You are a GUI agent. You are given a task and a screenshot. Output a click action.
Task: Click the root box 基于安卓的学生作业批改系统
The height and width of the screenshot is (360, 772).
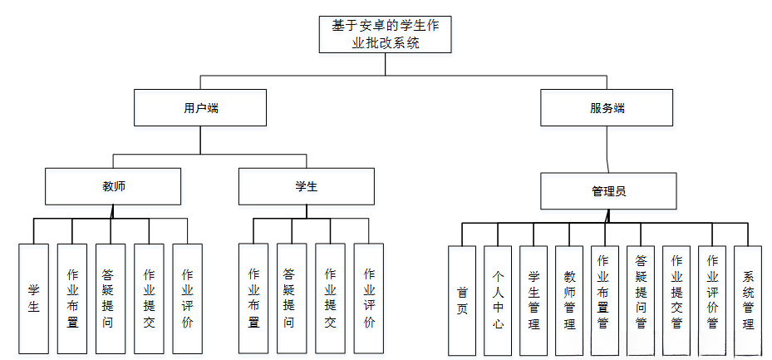tap(386, 34)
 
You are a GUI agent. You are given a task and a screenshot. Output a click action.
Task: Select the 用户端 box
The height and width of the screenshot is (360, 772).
tap(200, 108)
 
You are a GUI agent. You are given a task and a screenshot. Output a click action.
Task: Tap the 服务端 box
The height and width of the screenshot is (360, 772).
tap(607, 108)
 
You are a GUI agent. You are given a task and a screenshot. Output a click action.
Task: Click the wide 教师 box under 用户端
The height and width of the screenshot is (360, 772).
tap(113, 186)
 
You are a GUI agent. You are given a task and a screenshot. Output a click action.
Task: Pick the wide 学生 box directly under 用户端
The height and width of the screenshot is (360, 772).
tap(306, 186)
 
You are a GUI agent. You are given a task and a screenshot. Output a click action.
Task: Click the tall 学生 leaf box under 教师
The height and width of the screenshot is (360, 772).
tap(34, 298)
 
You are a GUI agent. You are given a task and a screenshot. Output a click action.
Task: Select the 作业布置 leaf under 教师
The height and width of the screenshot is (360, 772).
tap(72, 298)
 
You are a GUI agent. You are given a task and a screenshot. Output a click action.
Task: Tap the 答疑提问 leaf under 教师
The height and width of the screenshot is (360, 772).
tap(111, 298)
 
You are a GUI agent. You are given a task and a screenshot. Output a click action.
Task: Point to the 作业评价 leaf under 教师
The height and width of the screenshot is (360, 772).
tap(187, 298)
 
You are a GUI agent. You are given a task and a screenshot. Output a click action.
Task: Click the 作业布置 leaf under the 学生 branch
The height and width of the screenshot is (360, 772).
tap(253, 298)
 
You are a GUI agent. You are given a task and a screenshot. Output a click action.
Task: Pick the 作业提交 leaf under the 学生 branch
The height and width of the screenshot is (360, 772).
tap(330, 298)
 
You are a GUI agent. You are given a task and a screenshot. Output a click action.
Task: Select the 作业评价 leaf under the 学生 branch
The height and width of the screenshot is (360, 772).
tap(368, 298)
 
